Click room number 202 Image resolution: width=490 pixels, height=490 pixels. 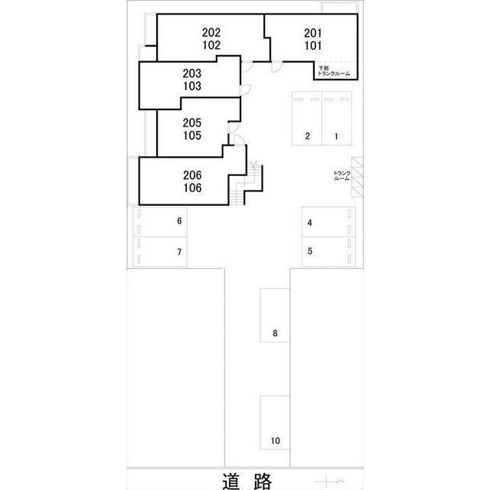tap(211, 32)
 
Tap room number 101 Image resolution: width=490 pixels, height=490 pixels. tap(313, 46)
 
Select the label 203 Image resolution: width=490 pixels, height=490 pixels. tap(192, 73)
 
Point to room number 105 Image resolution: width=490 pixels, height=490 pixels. tap(192, 136)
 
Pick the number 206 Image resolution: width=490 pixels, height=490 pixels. tap(192, 175)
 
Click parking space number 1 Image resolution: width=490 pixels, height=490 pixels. tap(336, 136)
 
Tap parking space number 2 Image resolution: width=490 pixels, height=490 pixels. tap(308, 136)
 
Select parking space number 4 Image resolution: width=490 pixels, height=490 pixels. tap(309, 223)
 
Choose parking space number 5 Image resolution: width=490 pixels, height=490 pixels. tap(309, 251)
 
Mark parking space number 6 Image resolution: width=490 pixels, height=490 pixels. tap(179, 221)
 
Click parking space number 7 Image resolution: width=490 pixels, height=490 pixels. tap(179, 252)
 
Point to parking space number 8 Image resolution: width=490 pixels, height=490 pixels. tap(275, 333)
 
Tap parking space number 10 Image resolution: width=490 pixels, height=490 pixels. tap(275, 441)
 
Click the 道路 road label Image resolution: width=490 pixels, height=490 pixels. tap(247, 481)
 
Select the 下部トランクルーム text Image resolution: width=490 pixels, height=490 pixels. tap(334, 71)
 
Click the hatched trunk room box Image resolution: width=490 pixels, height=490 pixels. tap(358, 177)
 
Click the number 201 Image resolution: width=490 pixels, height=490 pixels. tap(313, 33)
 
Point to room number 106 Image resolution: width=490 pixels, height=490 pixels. tap(192, 188)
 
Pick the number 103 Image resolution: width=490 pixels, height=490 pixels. tap(192, 86)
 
